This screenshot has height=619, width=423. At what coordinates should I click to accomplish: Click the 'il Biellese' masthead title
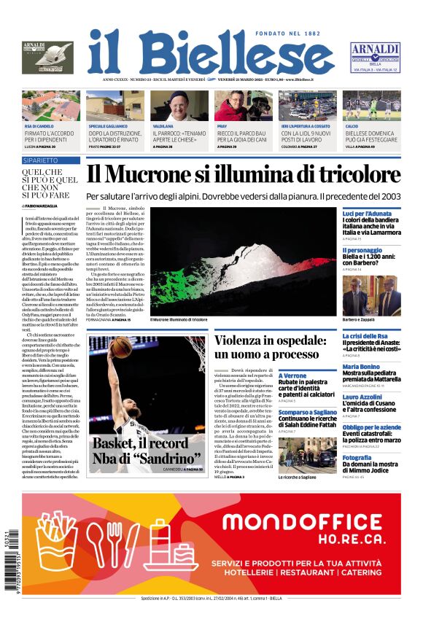pos(211,52)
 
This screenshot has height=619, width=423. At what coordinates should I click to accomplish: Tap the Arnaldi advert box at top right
pos(375,57)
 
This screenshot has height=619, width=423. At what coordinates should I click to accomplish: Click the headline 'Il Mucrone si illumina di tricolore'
pos(244,175)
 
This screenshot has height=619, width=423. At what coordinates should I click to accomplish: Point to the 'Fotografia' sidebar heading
pos(357,458)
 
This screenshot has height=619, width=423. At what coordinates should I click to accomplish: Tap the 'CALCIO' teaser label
pos(352,126)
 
